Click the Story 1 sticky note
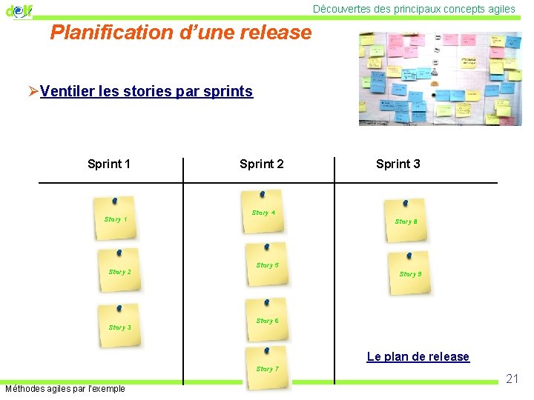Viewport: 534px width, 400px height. point(115,219)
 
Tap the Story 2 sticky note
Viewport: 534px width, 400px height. point(119,271)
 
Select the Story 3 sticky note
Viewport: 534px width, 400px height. point(119,326)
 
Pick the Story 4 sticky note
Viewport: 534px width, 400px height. point(263,213)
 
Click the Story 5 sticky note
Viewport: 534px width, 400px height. point(267,265)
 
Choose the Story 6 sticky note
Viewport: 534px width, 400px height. point(267,321)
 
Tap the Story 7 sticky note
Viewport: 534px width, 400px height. point(267,368)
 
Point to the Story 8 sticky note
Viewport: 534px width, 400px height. point(406,221)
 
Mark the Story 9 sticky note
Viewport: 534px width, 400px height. point(410,273)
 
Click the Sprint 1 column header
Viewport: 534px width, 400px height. point(109,164)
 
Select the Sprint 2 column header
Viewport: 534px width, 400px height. point(261,164)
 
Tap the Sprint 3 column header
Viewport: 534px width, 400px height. point(398,164)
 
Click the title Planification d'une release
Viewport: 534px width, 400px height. point(181,33)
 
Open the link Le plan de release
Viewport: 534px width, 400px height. point(418,357)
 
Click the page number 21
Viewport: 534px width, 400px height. point(512,379)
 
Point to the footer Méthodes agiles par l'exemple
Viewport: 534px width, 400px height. point(65,389)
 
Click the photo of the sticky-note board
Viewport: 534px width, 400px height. point(439,79)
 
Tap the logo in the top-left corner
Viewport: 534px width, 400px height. point(19,10)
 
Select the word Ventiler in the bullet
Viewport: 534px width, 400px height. point(65,92)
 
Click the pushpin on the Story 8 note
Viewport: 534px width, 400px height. point(404,202)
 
